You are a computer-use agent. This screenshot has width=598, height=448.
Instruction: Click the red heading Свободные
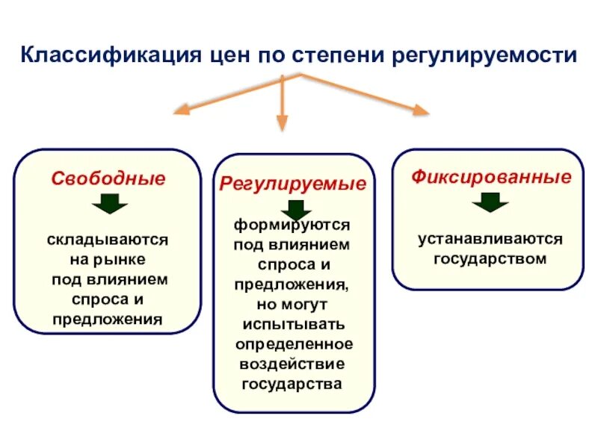click(x=108, y=179)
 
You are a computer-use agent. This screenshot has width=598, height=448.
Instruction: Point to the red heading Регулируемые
click(x=293, y=184)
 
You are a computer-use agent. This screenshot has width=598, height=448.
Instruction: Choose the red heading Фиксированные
click(x=491, y=178)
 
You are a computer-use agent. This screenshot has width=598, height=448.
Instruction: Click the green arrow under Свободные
click(x=109, y=204)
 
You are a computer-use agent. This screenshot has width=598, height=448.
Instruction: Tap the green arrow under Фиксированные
click(x=490, y=202)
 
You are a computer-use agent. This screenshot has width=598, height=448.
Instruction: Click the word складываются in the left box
click(x=108, y=240)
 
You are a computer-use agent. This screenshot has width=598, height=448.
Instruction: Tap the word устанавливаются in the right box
click(x=490, y=240)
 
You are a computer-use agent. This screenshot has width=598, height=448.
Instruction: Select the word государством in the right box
click(x=490, y=259)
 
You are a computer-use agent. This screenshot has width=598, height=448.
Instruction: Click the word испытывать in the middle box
click(x=293, y=325)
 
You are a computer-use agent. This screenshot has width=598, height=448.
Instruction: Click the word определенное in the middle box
click(x=294, y=344)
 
